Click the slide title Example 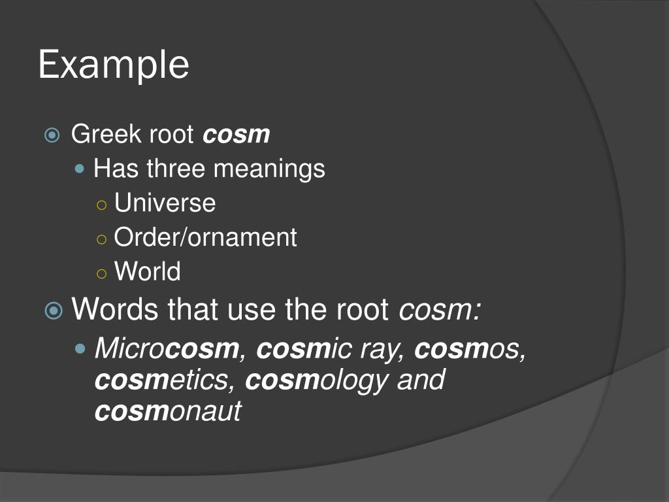pyautogui.click(x=114, y=65)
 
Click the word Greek pyautogui.click(x=97, y=135)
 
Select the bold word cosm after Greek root pyautogui.click(x=237, y=135)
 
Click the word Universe pyautogui.click(x=165, y=203)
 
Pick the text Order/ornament pyautogui.click(x=205, y=237)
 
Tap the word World pyautogui.click(x=147, y=271)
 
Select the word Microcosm pyautogui.click(x=167, y=349)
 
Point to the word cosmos pyautogui.click(x=470, y=349)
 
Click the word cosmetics pyautogui.click(x=163, y=380)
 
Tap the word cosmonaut pyautogui.click(x=168, y=412)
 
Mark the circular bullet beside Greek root pyautogui.click(x=52, y=135)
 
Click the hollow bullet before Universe pyautogui.click(x=101, y=204)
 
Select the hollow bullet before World pyautogui.click(x=101, y=272)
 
